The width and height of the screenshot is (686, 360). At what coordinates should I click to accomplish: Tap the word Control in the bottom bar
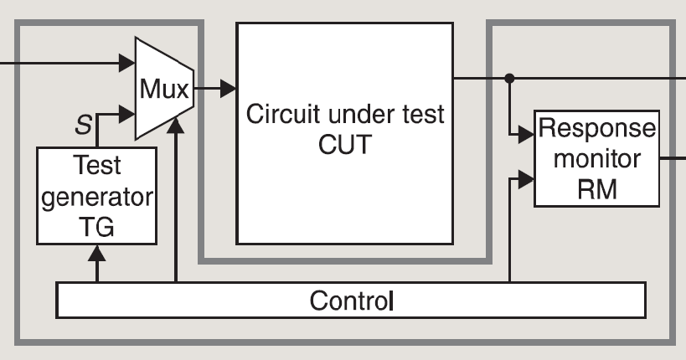pos(350,300)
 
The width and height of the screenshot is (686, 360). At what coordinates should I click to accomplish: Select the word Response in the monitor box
pos(597,130)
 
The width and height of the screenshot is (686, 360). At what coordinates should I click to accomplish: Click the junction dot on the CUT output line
pos(509,77)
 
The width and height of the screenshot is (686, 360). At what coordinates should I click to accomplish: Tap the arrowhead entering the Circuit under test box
pos(227,87)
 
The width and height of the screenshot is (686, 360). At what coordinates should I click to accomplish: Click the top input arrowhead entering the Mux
pos(127,61)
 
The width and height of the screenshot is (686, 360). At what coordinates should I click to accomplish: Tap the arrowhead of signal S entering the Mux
pos(127,112)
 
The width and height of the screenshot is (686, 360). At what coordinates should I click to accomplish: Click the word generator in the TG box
pos(96,198)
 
